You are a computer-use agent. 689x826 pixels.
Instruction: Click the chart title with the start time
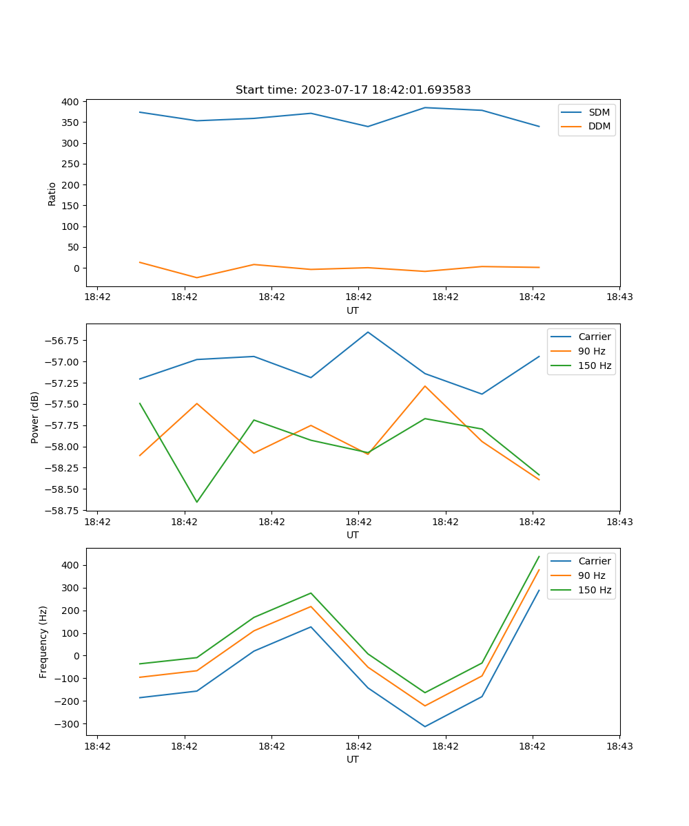(353, 90)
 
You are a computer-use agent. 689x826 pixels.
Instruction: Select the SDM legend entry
(599, 112)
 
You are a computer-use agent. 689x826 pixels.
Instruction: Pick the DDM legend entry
(599, 126)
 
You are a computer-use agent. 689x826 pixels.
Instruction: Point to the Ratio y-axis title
(52, 193)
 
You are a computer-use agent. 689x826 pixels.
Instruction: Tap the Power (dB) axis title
(35, 417)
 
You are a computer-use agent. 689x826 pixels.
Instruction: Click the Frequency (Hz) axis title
(43, 642)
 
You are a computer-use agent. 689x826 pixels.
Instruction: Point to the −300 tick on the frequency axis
(67, 724)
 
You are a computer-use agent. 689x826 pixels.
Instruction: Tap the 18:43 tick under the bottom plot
(619, 746)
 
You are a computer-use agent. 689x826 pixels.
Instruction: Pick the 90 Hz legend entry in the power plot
(591, 351)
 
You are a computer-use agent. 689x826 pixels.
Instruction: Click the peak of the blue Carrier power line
(368, 332)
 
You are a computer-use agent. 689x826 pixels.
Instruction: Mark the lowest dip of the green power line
(197, 502)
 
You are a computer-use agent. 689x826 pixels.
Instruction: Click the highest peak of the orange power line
(425, 385)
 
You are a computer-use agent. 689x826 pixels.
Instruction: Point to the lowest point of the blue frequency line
(425, 726)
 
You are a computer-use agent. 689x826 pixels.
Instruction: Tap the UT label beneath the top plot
(353, 310)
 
